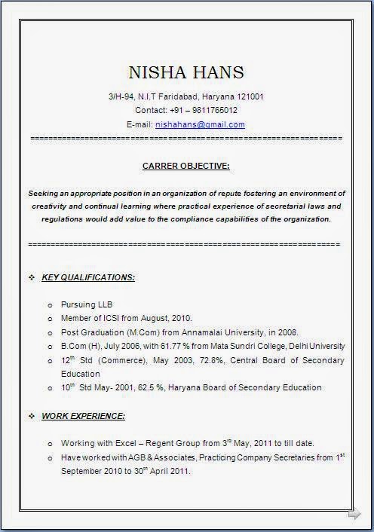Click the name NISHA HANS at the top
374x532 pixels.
coord(186,72)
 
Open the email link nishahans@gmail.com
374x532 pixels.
coord(200,124)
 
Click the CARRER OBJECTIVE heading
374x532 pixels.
coord(186,165)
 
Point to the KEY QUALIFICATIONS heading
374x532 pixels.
coord(88,277)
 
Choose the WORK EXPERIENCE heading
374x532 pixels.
coord(83,415)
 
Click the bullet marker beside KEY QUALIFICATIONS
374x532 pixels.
coord(32,277)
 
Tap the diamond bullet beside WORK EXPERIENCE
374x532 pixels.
coord(32,415)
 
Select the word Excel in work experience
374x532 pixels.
coord(121,443)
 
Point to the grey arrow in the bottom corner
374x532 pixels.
coord(354,515)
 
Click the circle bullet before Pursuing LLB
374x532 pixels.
coord(49,305)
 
